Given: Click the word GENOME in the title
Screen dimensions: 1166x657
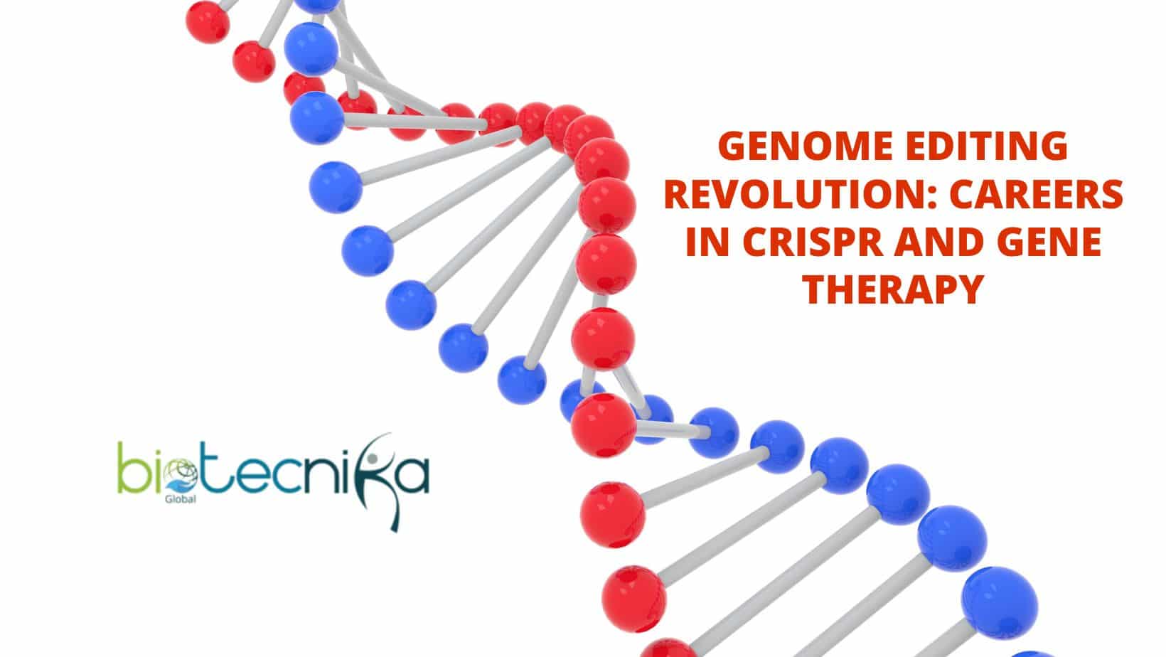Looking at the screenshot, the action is [x=806, y=146].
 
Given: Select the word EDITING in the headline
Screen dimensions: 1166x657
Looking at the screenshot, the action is [x=986, y=146].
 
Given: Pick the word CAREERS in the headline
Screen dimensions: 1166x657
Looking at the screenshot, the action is [x=1036, y=193].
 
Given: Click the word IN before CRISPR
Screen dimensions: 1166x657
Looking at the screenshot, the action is [x=707, y=242].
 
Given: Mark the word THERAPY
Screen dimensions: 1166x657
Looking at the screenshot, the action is [x=893, y=289].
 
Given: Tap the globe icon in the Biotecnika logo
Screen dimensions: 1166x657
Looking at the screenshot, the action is [x=181, y=474].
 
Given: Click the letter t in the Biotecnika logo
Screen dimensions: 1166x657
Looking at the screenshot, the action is [x=215, y=471].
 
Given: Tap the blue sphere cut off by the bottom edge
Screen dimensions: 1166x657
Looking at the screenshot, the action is [x=1033, y=654].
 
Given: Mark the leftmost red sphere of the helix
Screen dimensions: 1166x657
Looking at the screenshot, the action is [x=208, y=22].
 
